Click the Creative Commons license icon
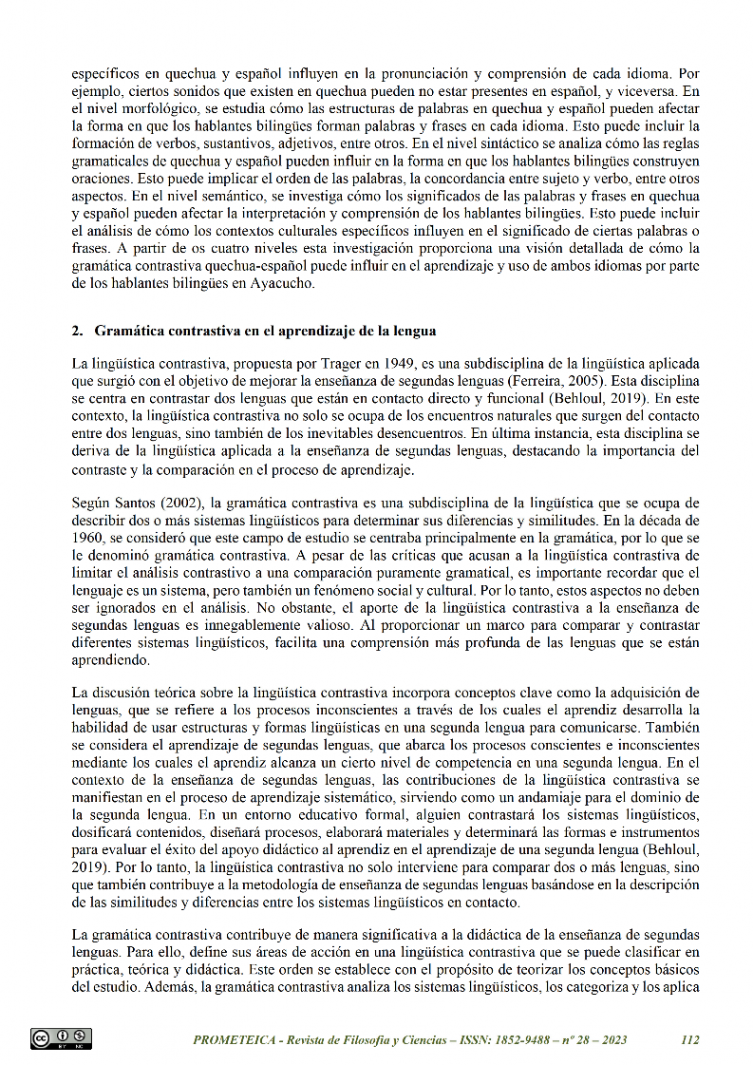(x=61, y=1038)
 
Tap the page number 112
(x=690, y=1039)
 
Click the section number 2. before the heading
(x=78, y=331)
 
